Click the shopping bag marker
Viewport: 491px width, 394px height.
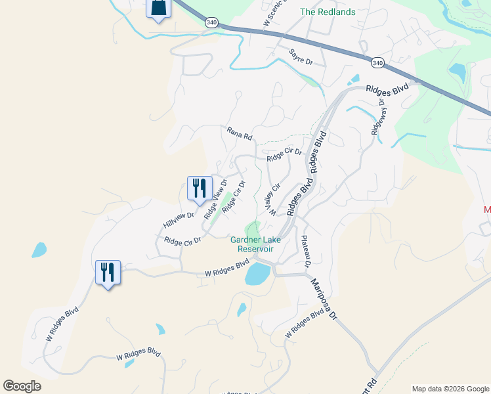click(158, 9)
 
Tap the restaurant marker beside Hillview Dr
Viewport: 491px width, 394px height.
click(199, 188)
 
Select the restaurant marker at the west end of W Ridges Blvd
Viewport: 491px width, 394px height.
click(108, 272)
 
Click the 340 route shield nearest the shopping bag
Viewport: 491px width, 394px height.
click(211, 22)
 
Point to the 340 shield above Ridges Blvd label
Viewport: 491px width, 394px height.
click(377, 63)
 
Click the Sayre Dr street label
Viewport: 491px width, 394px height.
click(301, 56)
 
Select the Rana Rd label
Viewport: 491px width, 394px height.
click(240, 134)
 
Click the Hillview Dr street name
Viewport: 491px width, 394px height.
click(179, 220)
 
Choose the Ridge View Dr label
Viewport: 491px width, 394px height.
click(215, 199)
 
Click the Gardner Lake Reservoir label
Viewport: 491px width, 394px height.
click(255, 244)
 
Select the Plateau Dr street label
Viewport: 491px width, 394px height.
click(305, 252)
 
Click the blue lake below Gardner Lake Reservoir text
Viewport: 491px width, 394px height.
click(257, 274)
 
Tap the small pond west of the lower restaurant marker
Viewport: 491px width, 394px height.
click(39, 250)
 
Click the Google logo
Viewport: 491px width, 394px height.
click(22, 386)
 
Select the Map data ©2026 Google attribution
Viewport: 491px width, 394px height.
click(450, 389)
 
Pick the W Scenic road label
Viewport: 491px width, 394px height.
click(276, 13)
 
